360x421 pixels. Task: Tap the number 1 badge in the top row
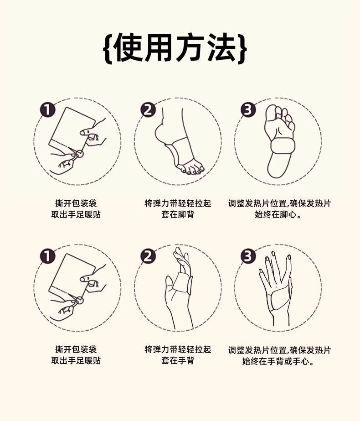pos(47,110)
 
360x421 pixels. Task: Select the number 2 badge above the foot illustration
pos(148,110)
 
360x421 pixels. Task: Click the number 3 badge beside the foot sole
pos(248,110)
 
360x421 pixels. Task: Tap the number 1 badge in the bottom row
pos(47,256)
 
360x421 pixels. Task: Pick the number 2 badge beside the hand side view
pos(148,256)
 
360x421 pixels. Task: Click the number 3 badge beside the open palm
pos(248,256)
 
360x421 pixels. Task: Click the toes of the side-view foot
pos(191,170)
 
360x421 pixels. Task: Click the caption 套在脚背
pos(178,214)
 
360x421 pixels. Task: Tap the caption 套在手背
pos(178,361)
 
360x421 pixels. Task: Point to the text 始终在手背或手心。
pos(279,361)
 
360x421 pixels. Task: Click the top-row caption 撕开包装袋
pos(76,203)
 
